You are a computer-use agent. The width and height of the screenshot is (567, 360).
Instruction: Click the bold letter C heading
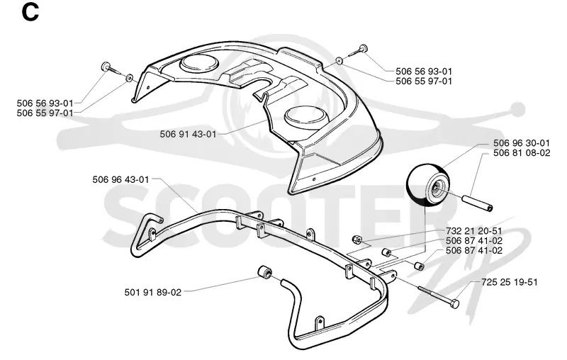click(30, 13)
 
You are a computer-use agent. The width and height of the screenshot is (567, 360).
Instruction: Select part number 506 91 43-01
click(188, 134)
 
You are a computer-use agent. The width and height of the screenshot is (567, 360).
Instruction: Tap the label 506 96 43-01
click(120, 179)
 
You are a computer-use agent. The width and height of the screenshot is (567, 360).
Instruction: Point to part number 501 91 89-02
click(153, 292)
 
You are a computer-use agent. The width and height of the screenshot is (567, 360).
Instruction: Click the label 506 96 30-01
click(522, 143)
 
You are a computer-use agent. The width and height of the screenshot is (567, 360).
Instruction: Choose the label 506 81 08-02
click(522, 153)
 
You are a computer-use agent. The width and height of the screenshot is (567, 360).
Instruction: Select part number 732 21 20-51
click(474, 231)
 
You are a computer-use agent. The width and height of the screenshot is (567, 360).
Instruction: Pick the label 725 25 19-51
click(510, 282)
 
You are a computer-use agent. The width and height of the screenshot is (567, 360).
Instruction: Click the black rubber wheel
click(429, 185)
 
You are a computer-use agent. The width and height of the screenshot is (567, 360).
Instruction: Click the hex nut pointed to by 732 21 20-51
click(357, 239)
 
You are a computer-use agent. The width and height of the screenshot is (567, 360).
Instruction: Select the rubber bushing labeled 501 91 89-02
click(264, 272)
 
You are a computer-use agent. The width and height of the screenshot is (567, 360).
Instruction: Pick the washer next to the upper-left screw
click(129, 78)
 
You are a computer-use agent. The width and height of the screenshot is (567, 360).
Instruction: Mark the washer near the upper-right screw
click(339, 61)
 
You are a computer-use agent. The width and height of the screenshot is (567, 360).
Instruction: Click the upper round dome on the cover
click(200, 64)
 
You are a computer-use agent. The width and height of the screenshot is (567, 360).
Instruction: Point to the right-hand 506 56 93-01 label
click(424, 72)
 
